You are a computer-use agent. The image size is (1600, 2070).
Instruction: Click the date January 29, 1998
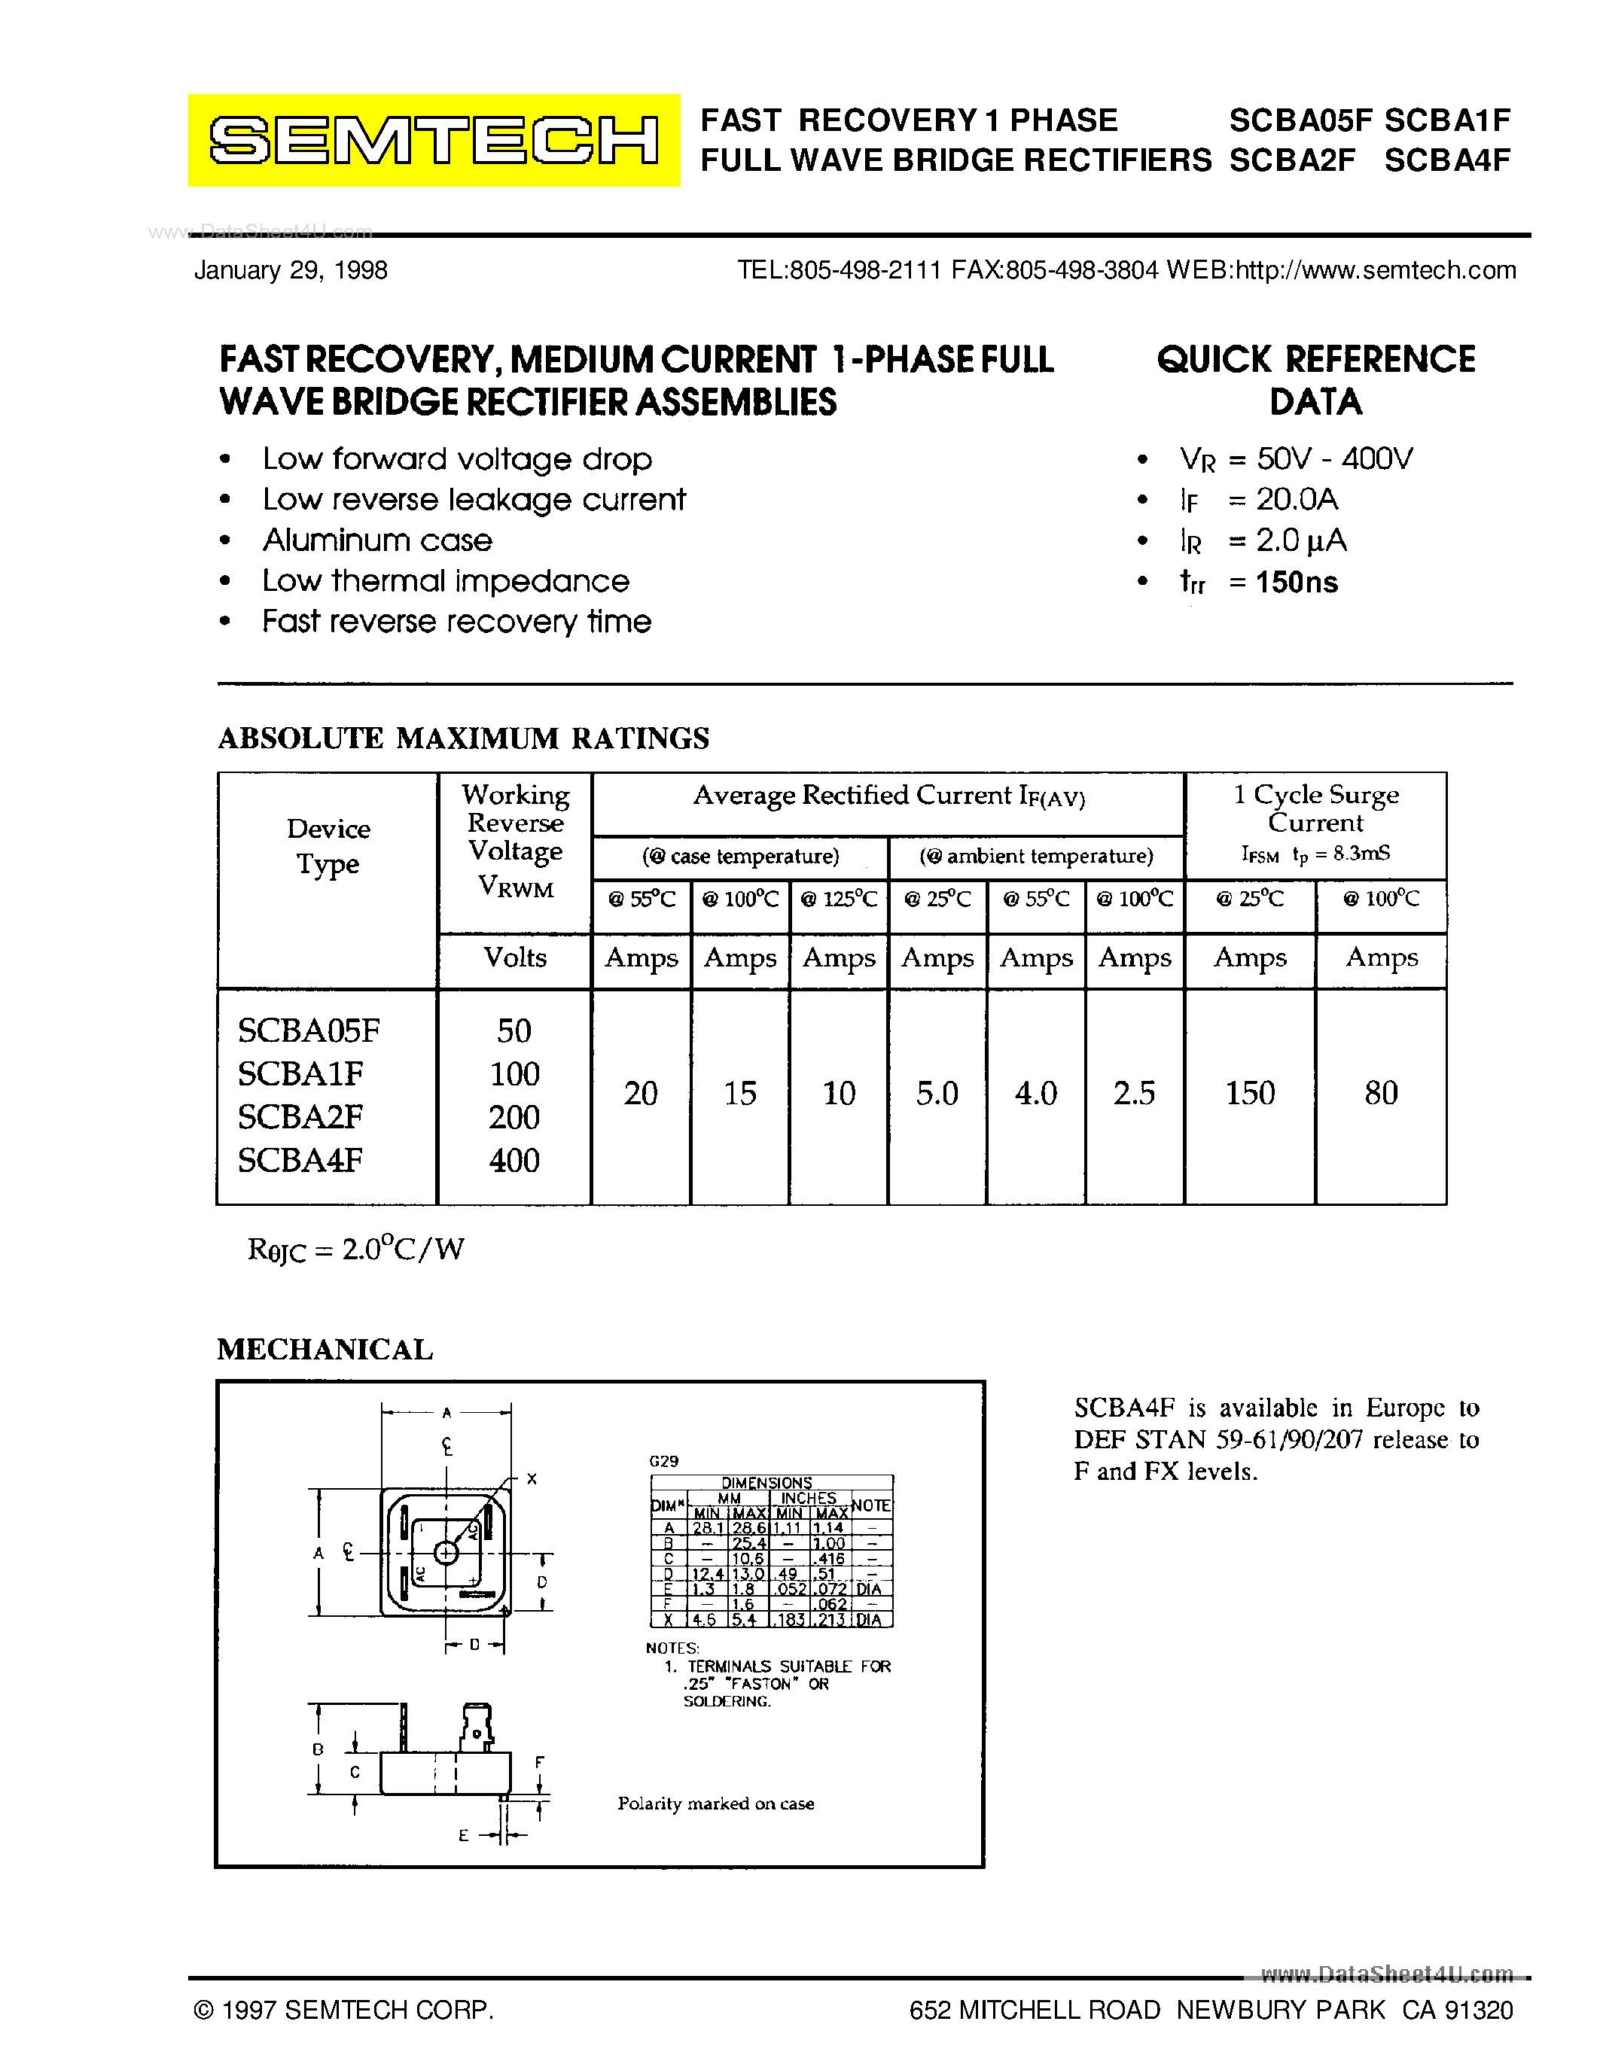pyautogui.click(x=291, y=270)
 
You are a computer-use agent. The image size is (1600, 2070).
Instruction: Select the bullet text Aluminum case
pyautogui.click(x=377, y=540)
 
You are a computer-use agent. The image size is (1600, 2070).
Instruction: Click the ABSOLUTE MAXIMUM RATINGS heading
pyautogui.click(x=464, y=738)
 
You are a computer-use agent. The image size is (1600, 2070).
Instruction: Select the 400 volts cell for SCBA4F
pyautogui.click(x=514, y=1160)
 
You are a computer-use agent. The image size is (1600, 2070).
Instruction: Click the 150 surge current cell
pyautogui.click(x=1249, y=1093)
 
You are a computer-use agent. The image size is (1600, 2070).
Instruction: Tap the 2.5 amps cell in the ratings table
pyautogui.click(x=1134, y=1093)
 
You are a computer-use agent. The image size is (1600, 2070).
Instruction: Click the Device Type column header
pyautogui.click(x=328, y=846)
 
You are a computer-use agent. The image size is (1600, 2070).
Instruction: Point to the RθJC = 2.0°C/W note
pyautogui.click(x=355, y=1250)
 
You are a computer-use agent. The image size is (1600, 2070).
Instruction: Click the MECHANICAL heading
pyautogui.click(x=325, y=1350)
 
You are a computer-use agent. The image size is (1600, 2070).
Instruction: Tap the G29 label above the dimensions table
pyautogui.click(x=663, y=1460)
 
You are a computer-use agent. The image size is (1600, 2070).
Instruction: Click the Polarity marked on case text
pyautogui.click(x=715, y=1804)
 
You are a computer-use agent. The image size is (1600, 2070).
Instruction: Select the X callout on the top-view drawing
pyautogui.click(x=532, y=1478)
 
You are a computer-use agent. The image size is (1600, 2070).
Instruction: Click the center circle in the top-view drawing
pyautogui.click(x=446, y=1552)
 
